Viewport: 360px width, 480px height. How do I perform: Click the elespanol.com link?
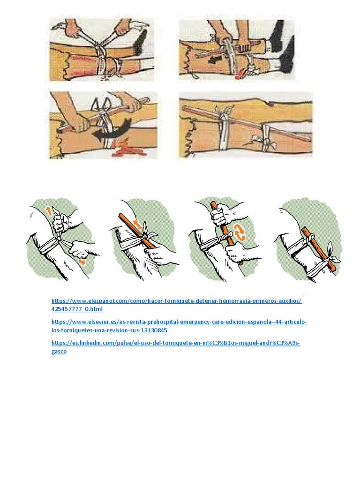click(x=176, y=301)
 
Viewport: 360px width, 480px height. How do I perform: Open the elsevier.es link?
click(x=179, y=322)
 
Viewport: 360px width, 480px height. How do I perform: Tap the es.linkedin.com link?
click(x=175, y=343)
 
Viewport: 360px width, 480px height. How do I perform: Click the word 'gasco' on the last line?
click(x=59, y=351)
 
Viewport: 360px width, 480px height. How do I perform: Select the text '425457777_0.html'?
click(x=77, y=309)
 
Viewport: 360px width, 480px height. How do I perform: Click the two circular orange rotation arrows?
click(x=240, y=233)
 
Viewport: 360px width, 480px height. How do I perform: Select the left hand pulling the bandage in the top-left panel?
click(x=73, y=28)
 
